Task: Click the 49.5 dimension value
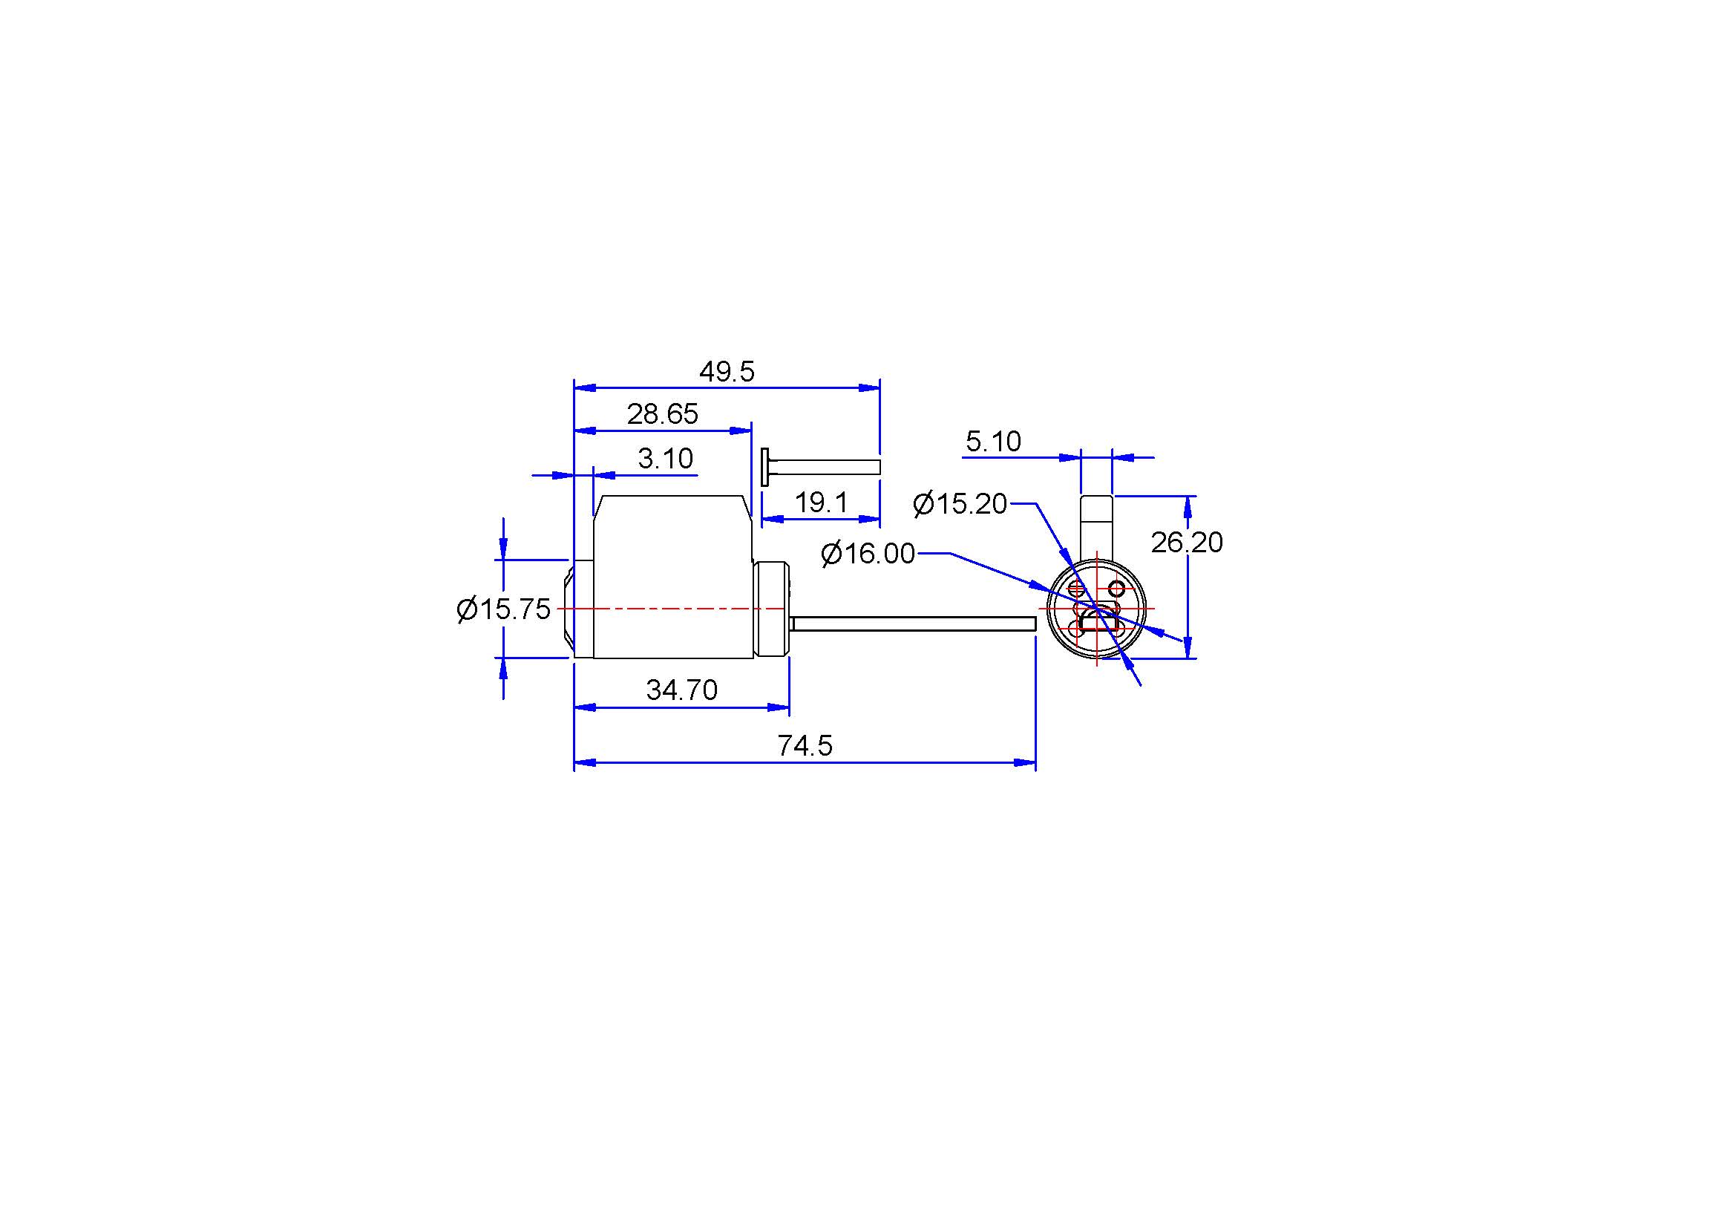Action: tap(727, 371)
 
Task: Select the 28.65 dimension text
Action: tap(662, 414)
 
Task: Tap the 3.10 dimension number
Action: tap(665, 458)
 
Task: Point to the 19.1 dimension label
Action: tap(821, 502)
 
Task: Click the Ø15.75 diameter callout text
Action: tap(503, 609)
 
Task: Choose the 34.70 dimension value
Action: tap(682, 690)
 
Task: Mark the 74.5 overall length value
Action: tap(805, 746)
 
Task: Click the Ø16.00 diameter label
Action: tap(868, 554)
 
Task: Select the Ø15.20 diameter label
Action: tap(960, 503)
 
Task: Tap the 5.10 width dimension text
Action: tap(994, 441)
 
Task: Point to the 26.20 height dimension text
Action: tap(1186, 542)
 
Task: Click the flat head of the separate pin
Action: tap(765, 466)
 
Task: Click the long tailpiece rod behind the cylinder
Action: tap(914, 623)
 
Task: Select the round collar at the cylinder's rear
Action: tap(772, 609)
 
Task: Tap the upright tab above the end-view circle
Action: tap(1096, 529)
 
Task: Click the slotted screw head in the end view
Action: tap(1077, 588)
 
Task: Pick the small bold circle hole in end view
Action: tap(1116, 588)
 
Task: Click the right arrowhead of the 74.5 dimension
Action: tap(1025, 763)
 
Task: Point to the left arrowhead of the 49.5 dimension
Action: tap(585, 387)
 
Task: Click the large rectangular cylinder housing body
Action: tap(673, 577)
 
